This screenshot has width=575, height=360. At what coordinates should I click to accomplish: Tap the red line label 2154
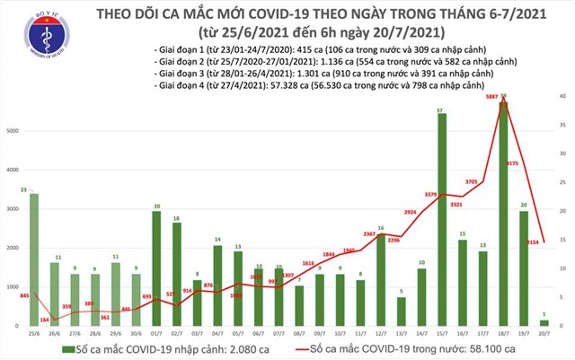(x=532, y=242)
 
